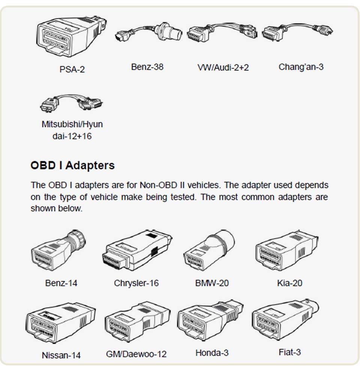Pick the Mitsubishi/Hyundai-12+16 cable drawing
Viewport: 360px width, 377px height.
click(71, 103)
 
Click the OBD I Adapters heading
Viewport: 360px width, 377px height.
click(72, 165)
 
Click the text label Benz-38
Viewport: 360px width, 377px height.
click(147, 67)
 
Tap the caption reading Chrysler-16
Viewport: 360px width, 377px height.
click(136, 283)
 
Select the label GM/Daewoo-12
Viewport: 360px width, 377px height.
click(136, 354)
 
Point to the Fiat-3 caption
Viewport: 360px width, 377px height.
click(289, 352)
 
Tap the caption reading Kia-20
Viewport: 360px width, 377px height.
click(289, 283)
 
